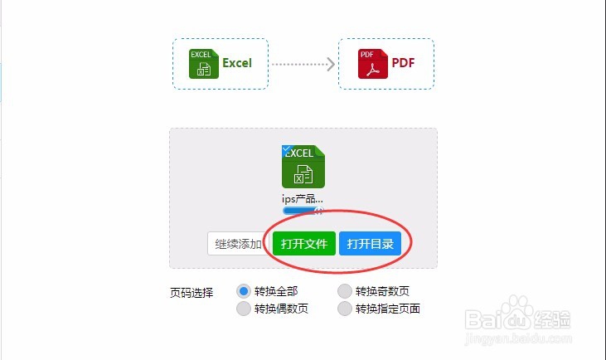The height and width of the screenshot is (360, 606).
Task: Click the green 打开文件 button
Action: pos(303,244)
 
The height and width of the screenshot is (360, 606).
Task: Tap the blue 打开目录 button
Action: pos(370,244)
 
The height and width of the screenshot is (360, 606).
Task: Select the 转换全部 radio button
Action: pos(244,291)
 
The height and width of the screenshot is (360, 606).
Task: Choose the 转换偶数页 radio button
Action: pos(244,309)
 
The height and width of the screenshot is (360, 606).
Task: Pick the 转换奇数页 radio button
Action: pos(345,291)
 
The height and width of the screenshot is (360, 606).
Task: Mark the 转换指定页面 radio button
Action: pos(345,309)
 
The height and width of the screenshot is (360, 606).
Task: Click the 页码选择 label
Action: pos(191,292)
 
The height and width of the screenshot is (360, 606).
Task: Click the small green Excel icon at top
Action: pos(203,64)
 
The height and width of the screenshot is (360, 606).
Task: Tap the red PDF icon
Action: pos(372,64)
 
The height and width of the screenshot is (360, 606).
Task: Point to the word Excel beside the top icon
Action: pos(236,63)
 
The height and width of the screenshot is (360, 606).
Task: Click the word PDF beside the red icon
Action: pos(403,63)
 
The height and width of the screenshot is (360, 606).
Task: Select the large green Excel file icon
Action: pos(303,167)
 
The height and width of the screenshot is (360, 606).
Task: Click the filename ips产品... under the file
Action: pos(303,199)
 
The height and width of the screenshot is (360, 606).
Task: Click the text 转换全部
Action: pos(276,291)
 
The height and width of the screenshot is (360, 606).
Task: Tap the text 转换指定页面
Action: pos(388,309)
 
